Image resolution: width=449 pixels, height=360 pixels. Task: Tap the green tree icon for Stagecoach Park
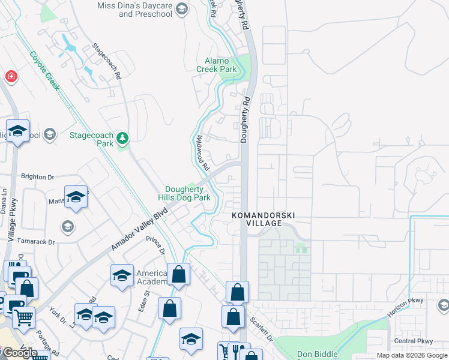122,139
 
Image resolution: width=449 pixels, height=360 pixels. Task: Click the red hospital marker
11,77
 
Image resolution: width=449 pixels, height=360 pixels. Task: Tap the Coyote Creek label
45,71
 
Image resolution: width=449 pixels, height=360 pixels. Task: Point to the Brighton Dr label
37,177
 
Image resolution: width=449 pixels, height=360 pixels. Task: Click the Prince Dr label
155,248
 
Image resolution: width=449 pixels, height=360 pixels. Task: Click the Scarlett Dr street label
262,329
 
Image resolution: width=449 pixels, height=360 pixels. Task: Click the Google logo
19,353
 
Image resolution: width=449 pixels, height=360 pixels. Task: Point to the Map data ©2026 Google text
412,355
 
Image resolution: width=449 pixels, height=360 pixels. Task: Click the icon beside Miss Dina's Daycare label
182,8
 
